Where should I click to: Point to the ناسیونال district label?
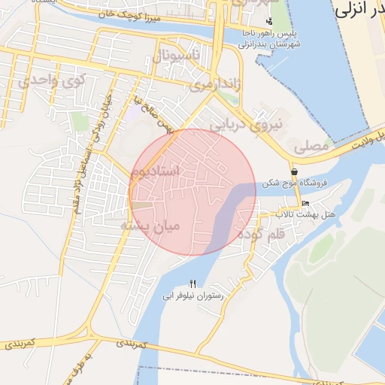(x=177, y=56)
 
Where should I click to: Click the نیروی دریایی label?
(x=248, y=124)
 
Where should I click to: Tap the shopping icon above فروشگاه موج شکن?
(x=293, y=171)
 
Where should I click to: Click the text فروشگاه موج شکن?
(x=293, y=183)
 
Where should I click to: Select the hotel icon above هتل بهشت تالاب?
(x=305, y=204)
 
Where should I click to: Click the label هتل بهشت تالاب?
(x=305, y=215)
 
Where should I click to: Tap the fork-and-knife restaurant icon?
(x=193, y=283)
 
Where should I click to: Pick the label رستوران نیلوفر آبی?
(x=193, y=296)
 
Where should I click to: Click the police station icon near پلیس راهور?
(x=269, y=21)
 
